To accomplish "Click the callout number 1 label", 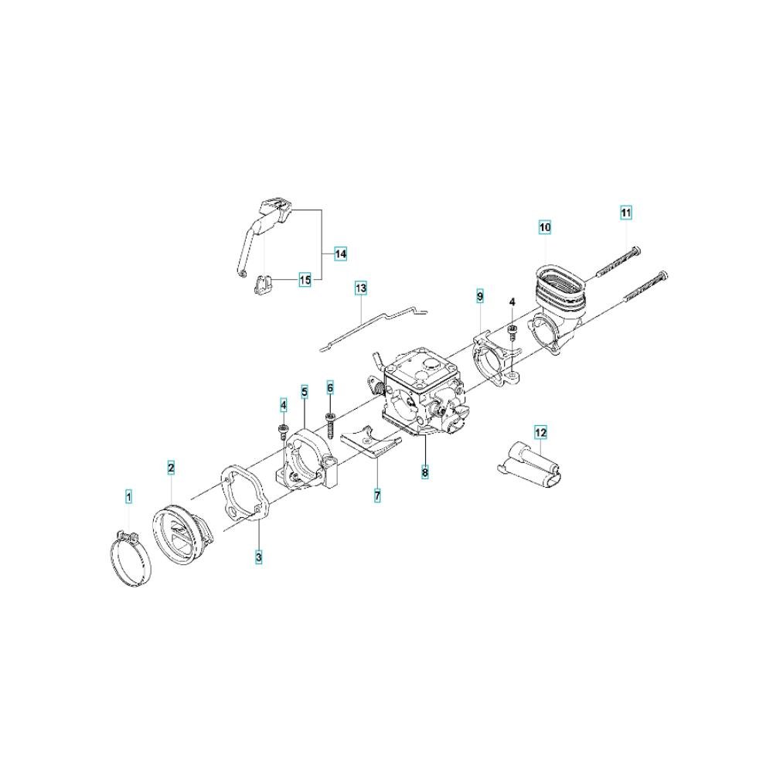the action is pos(128,496).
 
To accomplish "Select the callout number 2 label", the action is pos(171,468).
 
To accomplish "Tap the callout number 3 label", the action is pos(259,557).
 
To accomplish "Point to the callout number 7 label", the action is pos(377,495).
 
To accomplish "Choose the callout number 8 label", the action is pos(425,472).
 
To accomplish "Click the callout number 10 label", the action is pos(545,227).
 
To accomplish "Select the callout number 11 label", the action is pos(625,213).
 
